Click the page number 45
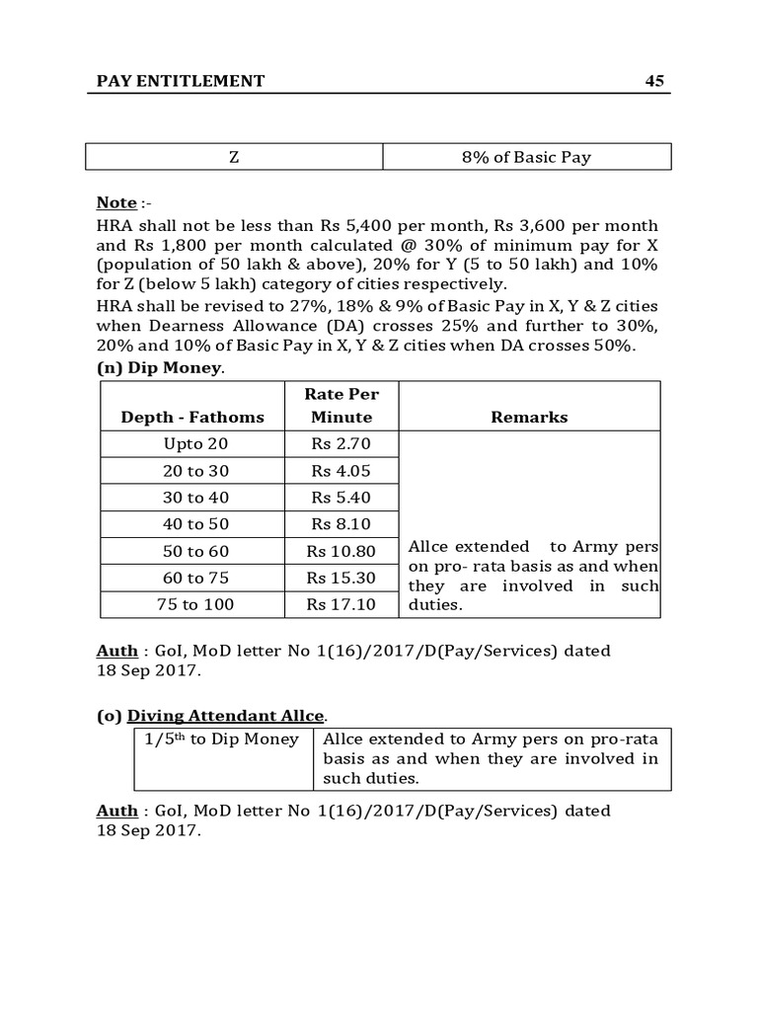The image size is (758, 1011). coord(655,81)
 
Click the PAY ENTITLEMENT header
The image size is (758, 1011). coord(181,81)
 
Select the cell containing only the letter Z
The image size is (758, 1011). coord(234,157)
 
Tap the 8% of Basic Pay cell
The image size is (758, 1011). coord(526,157)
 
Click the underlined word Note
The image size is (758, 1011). coord(116,202)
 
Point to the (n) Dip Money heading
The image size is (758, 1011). coord(160,368)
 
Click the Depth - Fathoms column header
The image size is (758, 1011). coord(192,417)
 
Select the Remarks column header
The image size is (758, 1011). coord(529,417)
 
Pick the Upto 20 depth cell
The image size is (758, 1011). coord(195,444)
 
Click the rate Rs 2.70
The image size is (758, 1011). coord(341,444)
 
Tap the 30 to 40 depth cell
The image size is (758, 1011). coord(195,498)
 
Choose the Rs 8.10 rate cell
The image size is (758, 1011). coord(341,524)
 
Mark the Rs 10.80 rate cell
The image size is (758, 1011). coord(341,551)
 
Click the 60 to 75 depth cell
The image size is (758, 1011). coord(195,578)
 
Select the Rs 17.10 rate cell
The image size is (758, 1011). coord(341,604)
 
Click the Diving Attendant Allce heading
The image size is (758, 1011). coord(227,715)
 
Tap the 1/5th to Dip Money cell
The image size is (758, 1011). coord(223,739)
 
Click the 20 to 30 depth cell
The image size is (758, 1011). coord(195,471)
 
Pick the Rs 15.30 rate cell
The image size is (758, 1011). coord(341,578)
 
